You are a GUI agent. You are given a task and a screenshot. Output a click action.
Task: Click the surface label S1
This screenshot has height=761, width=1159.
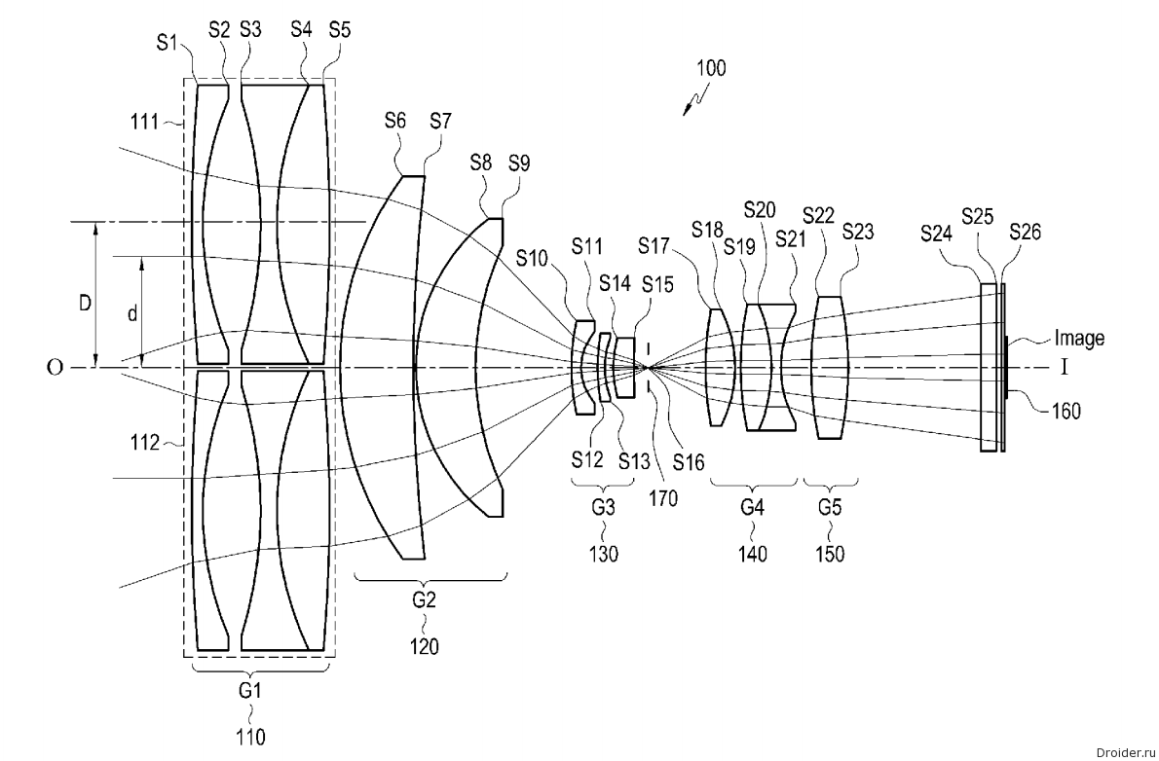point(168,43)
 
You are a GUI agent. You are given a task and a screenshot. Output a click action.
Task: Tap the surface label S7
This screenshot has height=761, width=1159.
point(440,121)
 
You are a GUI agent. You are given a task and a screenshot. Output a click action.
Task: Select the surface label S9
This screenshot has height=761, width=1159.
point(519,163)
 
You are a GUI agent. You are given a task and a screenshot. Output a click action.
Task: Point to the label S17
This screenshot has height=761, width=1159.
point(654,245)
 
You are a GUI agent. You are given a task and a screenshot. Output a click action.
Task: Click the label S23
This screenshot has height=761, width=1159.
point(858,232)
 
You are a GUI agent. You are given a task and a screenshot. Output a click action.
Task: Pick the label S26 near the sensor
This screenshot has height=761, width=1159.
point(1026,232)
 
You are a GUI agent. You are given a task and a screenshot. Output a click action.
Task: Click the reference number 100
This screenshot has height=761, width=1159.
point(711,68)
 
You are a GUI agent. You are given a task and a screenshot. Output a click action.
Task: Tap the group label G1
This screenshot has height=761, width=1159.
point(250,691)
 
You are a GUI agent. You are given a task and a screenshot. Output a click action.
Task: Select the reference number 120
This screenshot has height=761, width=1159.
point(425,646)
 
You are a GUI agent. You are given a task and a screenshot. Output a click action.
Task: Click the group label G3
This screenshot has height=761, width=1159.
point(603,508)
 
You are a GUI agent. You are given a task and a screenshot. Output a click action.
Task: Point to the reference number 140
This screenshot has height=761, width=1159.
point(753,554)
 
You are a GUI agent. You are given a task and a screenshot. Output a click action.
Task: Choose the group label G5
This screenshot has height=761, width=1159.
point(830,508)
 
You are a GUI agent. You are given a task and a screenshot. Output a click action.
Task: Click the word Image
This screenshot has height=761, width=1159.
point(1079,338)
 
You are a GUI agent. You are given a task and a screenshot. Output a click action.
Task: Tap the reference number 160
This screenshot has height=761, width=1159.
point(1066,410)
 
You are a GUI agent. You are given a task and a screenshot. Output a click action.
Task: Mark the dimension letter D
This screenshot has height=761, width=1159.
point(86,303)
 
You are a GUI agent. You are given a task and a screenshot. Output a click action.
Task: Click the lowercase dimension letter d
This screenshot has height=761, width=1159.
point(132,314)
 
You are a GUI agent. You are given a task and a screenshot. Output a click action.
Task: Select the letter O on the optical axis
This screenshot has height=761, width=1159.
point(55,367)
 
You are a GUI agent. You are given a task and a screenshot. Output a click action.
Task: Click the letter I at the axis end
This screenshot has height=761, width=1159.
point(1065,367)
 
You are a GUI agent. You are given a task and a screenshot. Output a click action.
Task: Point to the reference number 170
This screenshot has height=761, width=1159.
point(663,498)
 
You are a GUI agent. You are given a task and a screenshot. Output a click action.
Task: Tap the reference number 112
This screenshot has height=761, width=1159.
point(145,443)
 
